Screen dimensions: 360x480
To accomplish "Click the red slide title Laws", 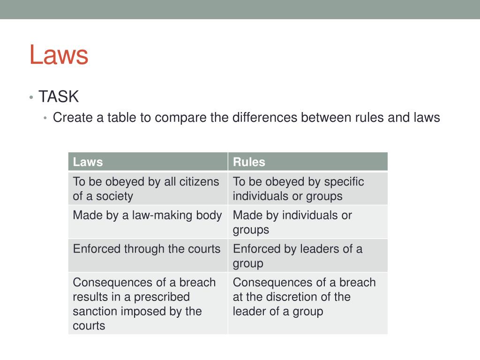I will click(59, 54).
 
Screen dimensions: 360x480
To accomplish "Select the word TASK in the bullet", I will click(59, 97).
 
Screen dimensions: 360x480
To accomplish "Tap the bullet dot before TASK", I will click(31, 97).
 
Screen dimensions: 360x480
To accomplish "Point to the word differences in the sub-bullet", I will click(264, 117).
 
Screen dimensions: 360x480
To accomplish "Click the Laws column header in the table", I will click(88, 162).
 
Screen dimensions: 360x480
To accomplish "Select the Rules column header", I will click(249, 162).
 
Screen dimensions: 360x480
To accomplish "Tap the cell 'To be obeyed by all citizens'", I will click(146, 188).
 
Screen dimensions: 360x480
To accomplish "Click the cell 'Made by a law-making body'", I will click(147, 216).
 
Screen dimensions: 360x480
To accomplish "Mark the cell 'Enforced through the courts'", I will click(146, 249).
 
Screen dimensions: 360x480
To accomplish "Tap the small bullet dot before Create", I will click(45, 118).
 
